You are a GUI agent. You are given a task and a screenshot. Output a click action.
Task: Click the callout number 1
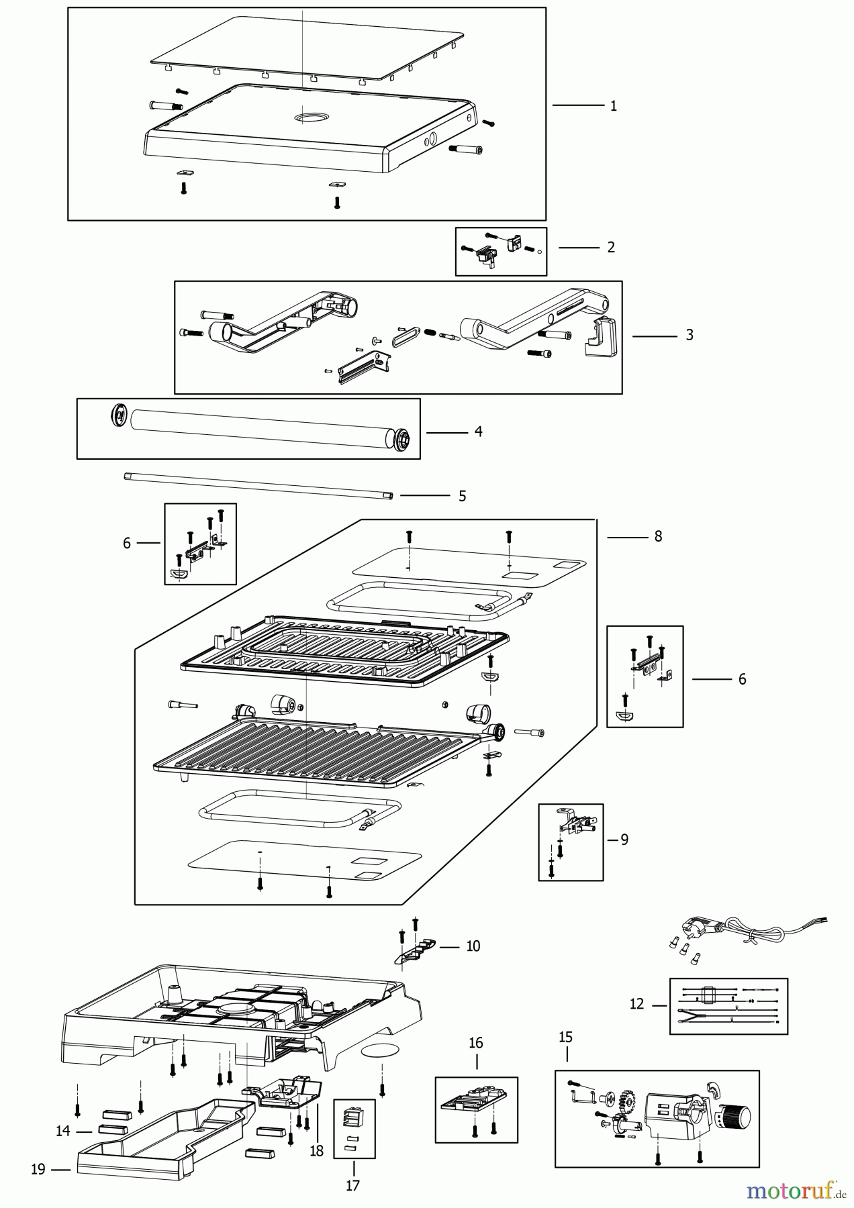[613, 106]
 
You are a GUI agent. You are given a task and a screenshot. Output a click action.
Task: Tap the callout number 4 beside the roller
[478, 432]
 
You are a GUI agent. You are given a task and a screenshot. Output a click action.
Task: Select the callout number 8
[658, 536]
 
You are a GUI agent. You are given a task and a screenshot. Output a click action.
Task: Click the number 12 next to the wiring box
[636, 1004]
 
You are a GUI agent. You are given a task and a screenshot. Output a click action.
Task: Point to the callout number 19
[38, 1169]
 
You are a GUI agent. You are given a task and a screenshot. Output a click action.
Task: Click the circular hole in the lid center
[308, 118]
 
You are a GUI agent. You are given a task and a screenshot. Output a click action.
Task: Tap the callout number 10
[473, 946]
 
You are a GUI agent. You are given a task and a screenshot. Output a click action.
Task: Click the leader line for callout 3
[654, 336]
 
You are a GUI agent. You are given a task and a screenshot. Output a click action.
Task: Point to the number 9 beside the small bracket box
[624, 840]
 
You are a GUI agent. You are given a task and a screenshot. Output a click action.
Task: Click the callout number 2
[610, 248]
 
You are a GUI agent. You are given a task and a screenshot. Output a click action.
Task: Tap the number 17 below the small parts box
[353, 1185]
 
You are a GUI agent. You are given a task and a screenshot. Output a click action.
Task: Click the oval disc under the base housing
[381, 1052]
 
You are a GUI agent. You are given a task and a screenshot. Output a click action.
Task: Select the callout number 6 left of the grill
[127, 543]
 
